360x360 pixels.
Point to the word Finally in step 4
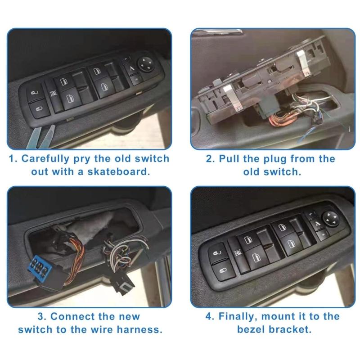[237, 316]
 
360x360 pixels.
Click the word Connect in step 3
[74, 316]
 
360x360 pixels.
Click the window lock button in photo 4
[238, 255]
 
